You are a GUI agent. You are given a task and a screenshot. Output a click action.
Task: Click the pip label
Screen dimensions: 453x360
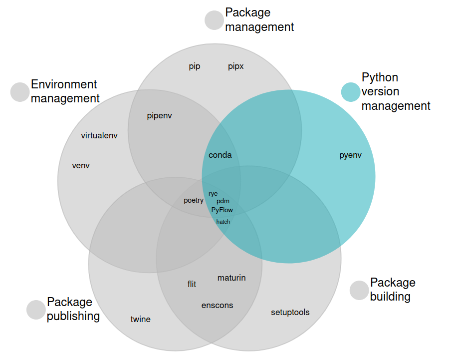tap(195, 66)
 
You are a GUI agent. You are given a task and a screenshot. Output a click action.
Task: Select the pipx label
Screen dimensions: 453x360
tap(236, 66)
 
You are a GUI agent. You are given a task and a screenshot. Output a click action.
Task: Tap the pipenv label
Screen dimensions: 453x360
tap(159, 116)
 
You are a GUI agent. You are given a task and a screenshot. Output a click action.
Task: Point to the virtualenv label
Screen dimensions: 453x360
tap(99, 135)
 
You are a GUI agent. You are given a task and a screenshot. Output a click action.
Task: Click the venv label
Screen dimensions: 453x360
tap(81, 166)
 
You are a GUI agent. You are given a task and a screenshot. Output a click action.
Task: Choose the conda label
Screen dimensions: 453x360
tap(220, 155)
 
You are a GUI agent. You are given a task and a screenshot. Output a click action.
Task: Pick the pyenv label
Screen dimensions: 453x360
tap(350, 155)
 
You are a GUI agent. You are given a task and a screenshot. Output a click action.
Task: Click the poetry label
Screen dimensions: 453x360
tap(194, 200)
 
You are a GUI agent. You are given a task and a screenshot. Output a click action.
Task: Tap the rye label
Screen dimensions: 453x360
tap(213, 194)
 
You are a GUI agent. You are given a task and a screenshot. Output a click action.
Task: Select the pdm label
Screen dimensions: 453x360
tap(223, 201)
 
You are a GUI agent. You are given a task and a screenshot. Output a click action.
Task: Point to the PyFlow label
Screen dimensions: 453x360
tap(222, 210)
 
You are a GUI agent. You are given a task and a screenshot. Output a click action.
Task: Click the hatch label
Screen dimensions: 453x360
tap(223, 222)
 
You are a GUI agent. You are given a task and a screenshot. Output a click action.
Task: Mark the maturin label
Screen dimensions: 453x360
tap(231, 278)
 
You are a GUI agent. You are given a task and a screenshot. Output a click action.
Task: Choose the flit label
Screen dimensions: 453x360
tap(192, 284)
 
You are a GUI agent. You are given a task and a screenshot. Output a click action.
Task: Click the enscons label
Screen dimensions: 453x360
tap(217, 306)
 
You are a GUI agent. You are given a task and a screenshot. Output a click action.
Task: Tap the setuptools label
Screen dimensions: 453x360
tap(290, 312)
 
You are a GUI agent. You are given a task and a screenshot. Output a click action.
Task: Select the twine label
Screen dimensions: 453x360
tap(140, 319)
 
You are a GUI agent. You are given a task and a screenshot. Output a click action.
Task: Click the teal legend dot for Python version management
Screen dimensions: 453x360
tap(351, 92)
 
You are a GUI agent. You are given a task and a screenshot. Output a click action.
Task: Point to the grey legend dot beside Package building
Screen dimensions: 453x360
tap(359, 290)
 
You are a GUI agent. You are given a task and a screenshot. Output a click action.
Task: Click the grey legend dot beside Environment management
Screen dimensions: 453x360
tap(20, 92)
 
